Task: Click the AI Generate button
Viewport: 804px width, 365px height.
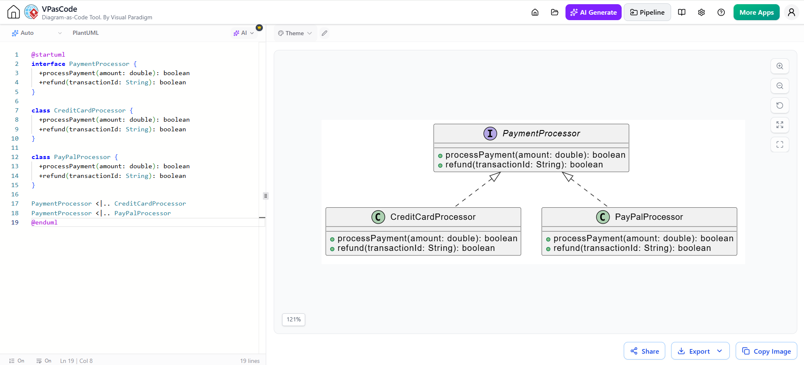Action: click(x=593, y=12)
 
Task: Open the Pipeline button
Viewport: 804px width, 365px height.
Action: click(x=647, y=12)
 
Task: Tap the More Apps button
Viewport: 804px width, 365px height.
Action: click(x=756, y=12)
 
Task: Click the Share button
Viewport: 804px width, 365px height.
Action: click(x=644, y=351)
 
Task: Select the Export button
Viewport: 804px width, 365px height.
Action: click(x=700, y=351)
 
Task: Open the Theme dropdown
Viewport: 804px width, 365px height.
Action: click(x=295, y=33)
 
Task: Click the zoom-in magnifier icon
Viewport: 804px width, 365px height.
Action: click(x=780, y=66)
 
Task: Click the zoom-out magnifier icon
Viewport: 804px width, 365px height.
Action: click(x=780, y=86)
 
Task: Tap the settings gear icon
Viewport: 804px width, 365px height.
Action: click(x=701, y=12)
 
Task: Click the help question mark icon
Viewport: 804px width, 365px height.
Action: click(x=721, y=12)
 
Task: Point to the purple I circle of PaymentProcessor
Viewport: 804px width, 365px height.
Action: click(x=490, y=133)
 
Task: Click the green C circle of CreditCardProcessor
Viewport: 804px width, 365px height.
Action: click(x=378, y=217)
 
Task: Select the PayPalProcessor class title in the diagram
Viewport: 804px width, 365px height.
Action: click(x=649, y=217)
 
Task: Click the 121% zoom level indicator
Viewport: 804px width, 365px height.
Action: click(x=293, y=319)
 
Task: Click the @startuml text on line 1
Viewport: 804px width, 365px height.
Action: click(x=48, y=55)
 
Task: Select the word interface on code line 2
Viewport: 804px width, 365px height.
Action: click(x=48, y=64)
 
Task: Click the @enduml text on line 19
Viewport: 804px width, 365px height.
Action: click(x=44, y=222)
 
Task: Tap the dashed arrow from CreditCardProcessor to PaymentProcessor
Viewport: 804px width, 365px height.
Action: click(x=478, y=189)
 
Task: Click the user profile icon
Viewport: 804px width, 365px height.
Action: click(x=791, y=12)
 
